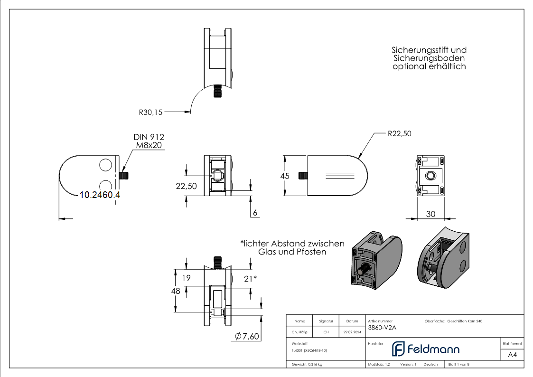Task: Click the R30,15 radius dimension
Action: point(150,113)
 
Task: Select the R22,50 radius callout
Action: point(399,134)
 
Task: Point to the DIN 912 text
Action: point(149,137)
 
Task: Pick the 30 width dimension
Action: point(430,214)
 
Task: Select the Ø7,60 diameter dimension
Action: point(247,336)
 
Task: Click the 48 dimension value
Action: point(176,290)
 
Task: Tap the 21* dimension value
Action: point(250,278)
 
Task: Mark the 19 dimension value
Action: point(186,278)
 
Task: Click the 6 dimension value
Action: point(255,213)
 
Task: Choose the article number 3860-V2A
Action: point(382,327)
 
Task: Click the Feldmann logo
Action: point(425,349)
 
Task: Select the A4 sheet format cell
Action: point(512,355)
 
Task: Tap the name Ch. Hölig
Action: point(299,332)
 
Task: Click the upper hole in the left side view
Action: point(106,165)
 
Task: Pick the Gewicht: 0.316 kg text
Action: point(307,365)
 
